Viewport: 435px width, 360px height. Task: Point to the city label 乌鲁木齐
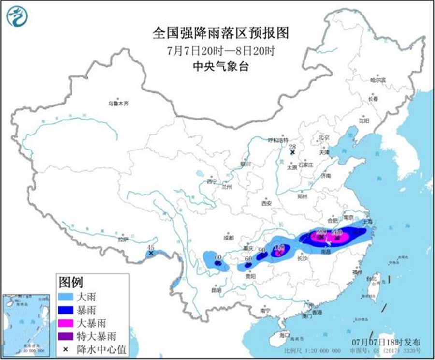(118, 103)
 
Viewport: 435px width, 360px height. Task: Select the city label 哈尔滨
(377, 80)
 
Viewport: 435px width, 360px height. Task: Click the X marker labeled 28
(292, 152)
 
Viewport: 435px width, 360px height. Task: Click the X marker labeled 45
(151, 253)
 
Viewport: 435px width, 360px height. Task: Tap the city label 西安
(267, 203)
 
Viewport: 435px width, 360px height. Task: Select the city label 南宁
(264, 310)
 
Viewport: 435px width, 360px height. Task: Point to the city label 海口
(285, 335)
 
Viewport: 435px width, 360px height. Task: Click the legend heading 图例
(71, 282)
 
